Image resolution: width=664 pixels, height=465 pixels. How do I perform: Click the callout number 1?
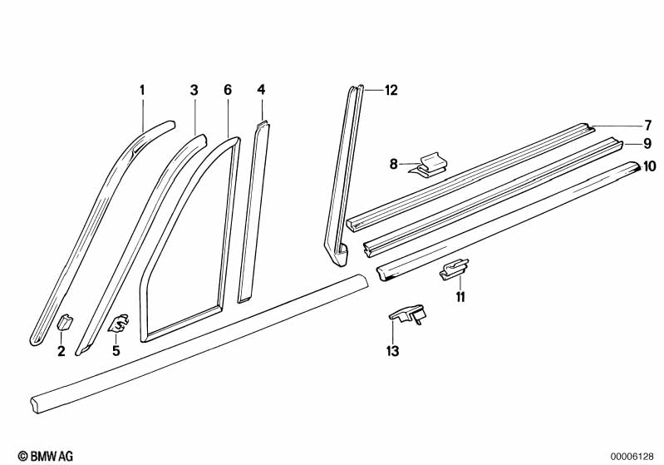coord(142,90)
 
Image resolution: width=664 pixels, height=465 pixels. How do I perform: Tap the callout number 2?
coord(61,351)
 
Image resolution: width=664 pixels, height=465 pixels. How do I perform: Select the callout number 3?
coord(194,90)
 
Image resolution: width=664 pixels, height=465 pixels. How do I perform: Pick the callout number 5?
coord(116,351)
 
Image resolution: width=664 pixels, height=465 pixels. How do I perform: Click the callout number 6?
coord(227,90)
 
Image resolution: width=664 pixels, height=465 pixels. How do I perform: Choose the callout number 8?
coord(393,164)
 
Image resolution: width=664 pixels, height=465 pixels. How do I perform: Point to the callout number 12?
coord(391,91)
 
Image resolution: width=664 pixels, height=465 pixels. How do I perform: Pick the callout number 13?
coord(392,351)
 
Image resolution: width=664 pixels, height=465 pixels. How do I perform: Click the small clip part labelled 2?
coord(64,322)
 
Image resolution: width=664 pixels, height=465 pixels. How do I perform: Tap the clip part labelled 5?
coord(119,320)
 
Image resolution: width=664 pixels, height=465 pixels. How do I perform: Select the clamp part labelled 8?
coord(430,164)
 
